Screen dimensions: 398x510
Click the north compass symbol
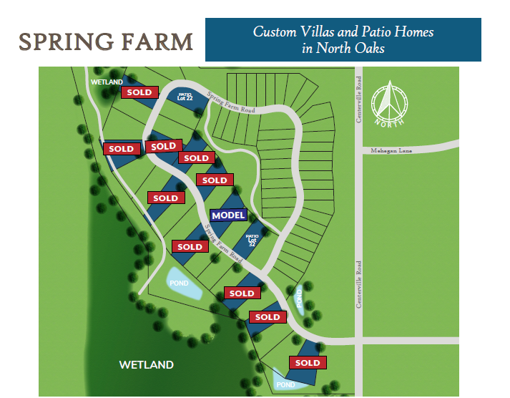click(x=388, y=102)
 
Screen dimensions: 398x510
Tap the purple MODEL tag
click(x=229, y=215)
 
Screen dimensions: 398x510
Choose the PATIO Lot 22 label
click(x=185, y=96)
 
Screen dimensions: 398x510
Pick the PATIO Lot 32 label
click(x=252, y=239)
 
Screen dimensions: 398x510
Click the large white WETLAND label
click(x=146, y=365)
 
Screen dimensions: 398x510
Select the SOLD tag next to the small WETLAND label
click(x=139, y=92)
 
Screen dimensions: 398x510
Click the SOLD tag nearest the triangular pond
click(x=308, y=363)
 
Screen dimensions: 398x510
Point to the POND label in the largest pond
click(x=180, y=283)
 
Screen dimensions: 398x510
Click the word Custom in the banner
click(x=272, y=32)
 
